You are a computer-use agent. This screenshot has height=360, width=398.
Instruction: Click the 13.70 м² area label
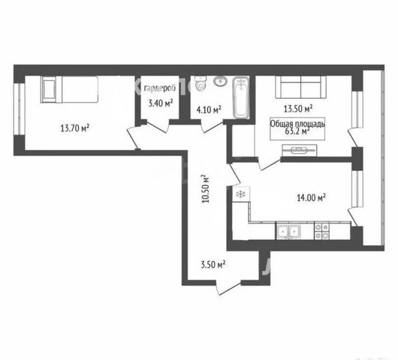coord(75,127)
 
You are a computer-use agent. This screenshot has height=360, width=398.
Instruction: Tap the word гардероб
coord(160,88)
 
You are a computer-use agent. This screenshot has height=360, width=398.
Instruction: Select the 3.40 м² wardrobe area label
coord(161,103)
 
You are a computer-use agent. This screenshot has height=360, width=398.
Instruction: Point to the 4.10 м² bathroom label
coord(209,109)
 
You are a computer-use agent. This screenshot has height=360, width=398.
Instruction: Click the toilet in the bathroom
coord(201,83)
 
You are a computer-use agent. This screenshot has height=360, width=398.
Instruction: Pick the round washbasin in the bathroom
coord(221,81)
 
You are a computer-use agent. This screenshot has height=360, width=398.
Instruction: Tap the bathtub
coord(241,97)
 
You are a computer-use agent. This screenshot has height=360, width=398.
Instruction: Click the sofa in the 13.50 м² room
coord(301,87)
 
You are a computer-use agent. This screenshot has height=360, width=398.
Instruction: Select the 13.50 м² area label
coord(297,109)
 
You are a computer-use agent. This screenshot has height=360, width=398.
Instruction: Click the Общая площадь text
coord(297,124)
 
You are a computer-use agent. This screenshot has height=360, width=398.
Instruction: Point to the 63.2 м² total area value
coord(297,131)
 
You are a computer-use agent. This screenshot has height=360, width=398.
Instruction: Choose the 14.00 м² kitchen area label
coord(311,198)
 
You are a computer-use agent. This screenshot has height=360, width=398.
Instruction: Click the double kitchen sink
coord(288,231)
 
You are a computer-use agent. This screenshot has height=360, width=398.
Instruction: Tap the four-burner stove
coord(322,231)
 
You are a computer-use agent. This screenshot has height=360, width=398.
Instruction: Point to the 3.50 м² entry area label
coord(213,265)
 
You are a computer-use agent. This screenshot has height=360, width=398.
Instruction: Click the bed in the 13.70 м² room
coord(69,89)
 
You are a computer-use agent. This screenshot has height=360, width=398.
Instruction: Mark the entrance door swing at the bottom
coord(228,288)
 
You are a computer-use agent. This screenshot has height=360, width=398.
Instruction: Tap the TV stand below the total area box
coord(300,151)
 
